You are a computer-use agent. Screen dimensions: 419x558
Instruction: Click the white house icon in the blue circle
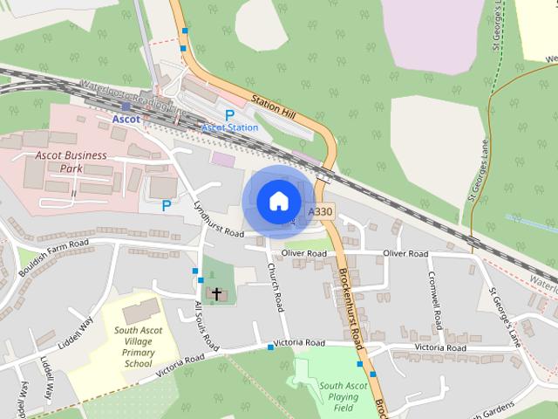[x=278, y=202]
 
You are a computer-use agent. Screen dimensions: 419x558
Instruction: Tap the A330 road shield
[x=320, y=212]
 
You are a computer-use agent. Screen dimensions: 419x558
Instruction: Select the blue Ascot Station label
[x=230, y=127]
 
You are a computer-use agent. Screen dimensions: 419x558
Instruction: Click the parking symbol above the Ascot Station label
[x=230, y=114]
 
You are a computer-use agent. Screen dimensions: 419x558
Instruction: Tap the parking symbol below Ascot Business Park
[x=166, y=206]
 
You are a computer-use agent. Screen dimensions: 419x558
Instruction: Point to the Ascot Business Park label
[x=71, y=162]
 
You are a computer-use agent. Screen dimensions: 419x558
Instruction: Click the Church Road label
[x=276, y=289]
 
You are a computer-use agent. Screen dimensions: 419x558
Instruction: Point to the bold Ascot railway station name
[x=126, y=119]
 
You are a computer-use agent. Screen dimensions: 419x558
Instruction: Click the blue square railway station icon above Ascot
[x=126, y=106]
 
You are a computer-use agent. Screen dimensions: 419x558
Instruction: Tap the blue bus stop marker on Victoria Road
[x=271, y=347]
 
